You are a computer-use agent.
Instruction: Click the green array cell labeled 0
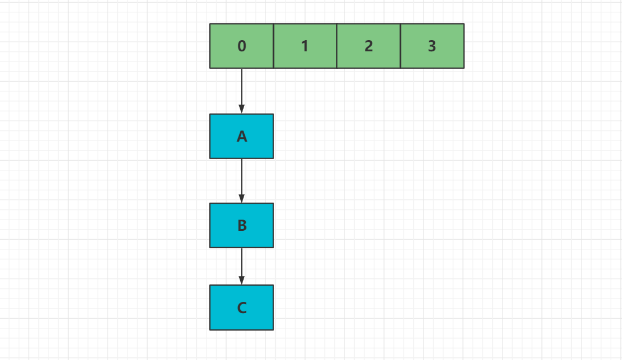click(241, 46)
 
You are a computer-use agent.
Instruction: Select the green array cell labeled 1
click(305, 46)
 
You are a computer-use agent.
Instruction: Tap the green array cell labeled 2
click(368, 46)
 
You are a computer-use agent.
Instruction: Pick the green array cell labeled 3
click(433, 46)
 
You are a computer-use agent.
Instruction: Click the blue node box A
click(241, 136)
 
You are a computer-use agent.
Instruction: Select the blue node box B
click(241, 226)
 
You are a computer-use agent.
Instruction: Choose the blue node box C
click(241, 307)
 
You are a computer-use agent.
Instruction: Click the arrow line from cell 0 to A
click(241, 91)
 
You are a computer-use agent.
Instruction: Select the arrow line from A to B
click(241, 181)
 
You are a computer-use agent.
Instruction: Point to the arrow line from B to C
click(241, 266)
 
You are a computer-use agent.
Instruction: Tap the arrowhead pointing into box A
click(241, 109)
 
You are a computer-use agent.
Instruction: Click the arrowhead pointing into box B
click(241, 199)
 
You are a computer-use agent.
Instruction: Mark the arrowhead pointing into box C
click(241, 280)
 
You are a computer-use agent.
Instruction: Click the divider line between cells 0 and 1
click(273, 46)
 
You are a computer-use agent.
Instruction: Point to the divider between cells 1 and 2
click(337, 46)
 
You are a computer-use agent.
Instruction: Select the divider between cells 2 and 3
click(400, 46)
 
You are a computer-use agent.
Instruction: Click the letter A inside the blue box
click(242, 137)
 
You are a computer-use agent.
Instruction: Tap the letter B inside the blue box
click(242, 226)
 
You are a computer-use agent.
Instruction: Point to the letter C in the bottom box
click(242, 308)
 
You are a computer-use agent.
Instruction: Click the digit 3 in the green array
click(432, 46)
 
